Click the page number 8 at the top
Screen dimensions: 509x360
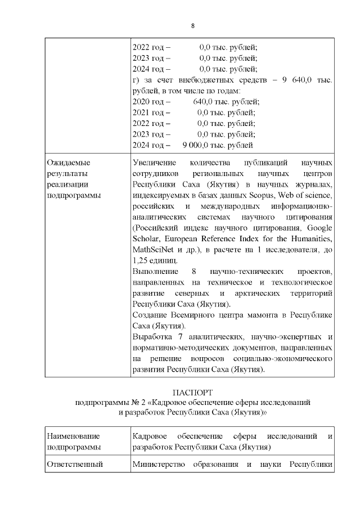click(x=193, y=26)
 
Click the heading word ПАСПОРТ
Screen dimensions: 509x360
click(x=193, y=392)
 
